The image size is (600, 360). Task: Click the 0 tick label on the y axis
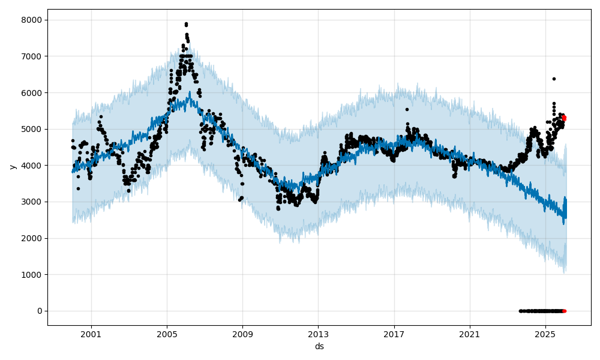tap(40, 311)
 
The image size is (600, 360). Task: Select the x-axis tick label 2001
tap(91, 334)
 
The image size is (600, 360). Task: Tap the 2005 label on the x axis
tap(167, 334)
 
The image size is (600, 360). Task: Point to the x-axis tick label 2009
tap(242, 334)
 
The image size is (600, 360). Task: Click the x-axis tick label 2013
tap(319, 334)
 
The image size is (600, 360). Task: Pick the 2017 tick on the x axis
tap(394, 334)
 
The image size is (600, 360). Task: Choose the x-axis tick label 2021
tap(470, 334)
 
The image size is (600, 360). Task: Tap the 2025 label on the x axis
tap(545, 334)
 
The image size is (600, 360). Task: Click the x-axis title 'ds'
tap(319, 346)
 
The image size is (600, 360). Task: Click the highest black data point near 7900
tap(186, 24)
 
